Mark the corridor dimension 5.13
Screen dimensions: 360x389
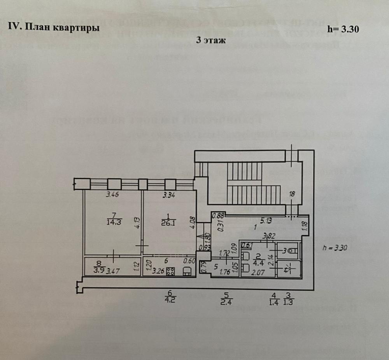[x=266, y=220]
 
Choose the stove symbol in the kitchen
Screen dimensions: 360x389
[x=170, y=272]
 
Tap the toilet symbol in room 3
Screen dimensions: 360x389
[x=292, y=251]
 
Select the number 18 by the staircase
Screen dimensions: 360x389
[x=293, y=193]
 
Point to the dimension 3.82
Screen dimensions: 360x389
[x=267, y=235]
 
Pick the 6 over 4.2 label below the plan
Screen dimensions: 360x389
[x=169, y=297]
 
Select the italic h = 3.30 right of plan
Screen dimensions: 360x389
[x=335, y=248]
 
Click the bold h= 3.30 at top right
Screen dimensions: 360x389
[x=343, y=29]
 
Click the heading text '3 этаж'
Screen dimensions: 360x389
[x=211, y=40]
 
